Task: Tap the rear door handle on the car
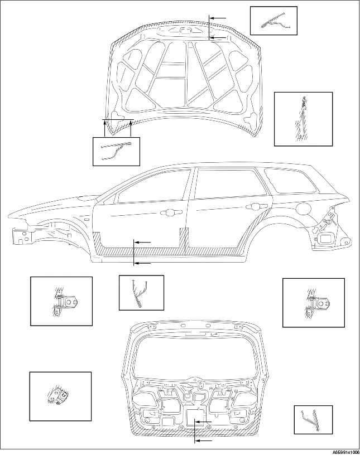pos(252,206)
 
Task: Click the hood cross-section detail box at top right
pos(273,21)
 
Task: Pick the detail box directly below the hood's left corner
pos(116,151)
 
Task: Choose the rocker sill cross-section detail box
pos(141,293)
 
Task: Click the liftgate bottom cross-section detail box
pos(313,420)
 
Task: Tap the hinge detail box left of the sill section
pos(61,301)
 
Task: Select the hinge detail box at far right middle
pos(314,303)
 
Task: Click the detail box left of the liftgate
pos(60,396)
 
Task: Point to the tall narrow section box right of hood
pos(303,119)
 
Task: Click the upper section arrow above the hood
pos(218,18)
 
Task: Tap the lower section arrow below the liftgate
pos(204,440)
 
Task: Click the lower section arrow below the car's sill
pos(143,263)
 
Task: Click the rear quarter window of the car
pos(290,181)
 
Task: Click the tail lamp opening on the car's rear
pos(325,239)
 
